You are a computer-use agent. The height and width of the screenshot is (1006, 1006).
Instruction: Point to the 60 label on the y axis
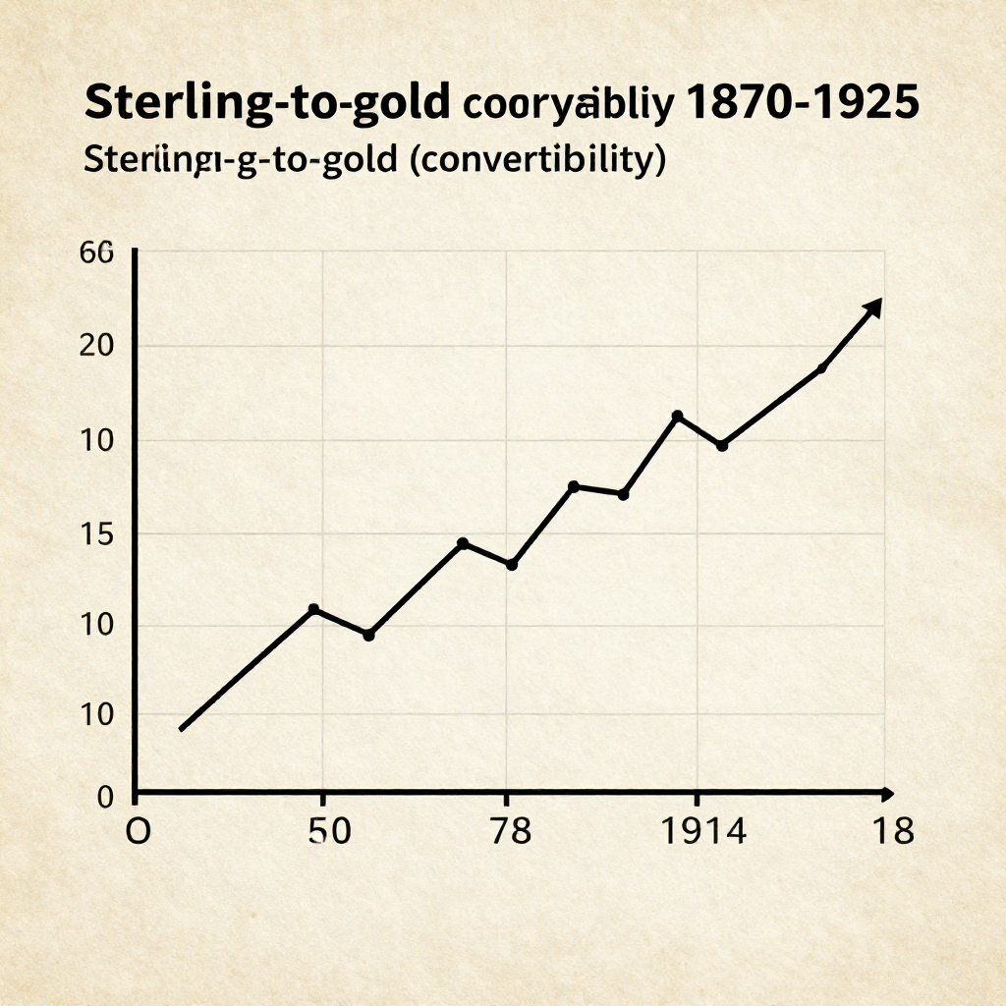click(97, 252)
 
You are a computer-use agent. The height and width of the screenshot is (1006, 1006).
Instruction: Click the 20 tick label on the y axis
click(97, 346)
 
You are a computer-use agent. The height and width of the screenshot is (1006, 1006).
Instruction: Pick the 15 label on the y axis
click(97, 534)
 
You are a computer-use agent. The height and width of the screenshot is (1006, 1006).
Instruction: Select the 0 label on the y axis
click(106, 797)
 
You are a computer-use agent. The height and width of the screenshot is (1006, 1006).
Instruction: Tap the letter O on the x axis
click(138, 832)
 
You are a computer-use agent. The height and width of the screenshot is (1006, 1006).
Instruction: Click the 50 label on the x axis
click(329, 832)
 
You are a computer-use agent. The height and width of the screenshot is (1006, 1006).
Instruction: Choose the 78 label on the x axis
click(508, 832)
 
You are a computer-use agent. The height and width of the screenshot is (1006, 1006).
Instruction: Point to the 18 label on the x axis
click(892, 832)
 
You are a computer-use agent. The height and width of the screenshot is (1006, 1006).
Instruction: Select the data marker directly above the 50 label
click(313, 609)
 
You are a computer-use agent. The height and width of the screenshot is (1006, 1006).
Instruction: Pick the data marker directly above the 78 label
click(511, 564)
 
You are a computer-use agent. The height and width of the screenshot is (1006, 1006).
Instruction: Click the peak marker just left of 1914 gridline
click(677, 417)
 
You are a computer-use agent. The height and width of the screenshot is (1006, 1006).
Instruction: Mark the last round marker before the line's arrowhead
click(821, 368)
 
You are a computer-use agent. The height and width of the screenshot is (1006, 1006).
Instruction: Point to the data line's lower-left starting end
click(182, 728)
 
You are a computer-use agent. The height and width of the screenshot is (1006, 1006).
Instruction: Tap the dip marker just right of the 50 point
click(368, 635)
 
